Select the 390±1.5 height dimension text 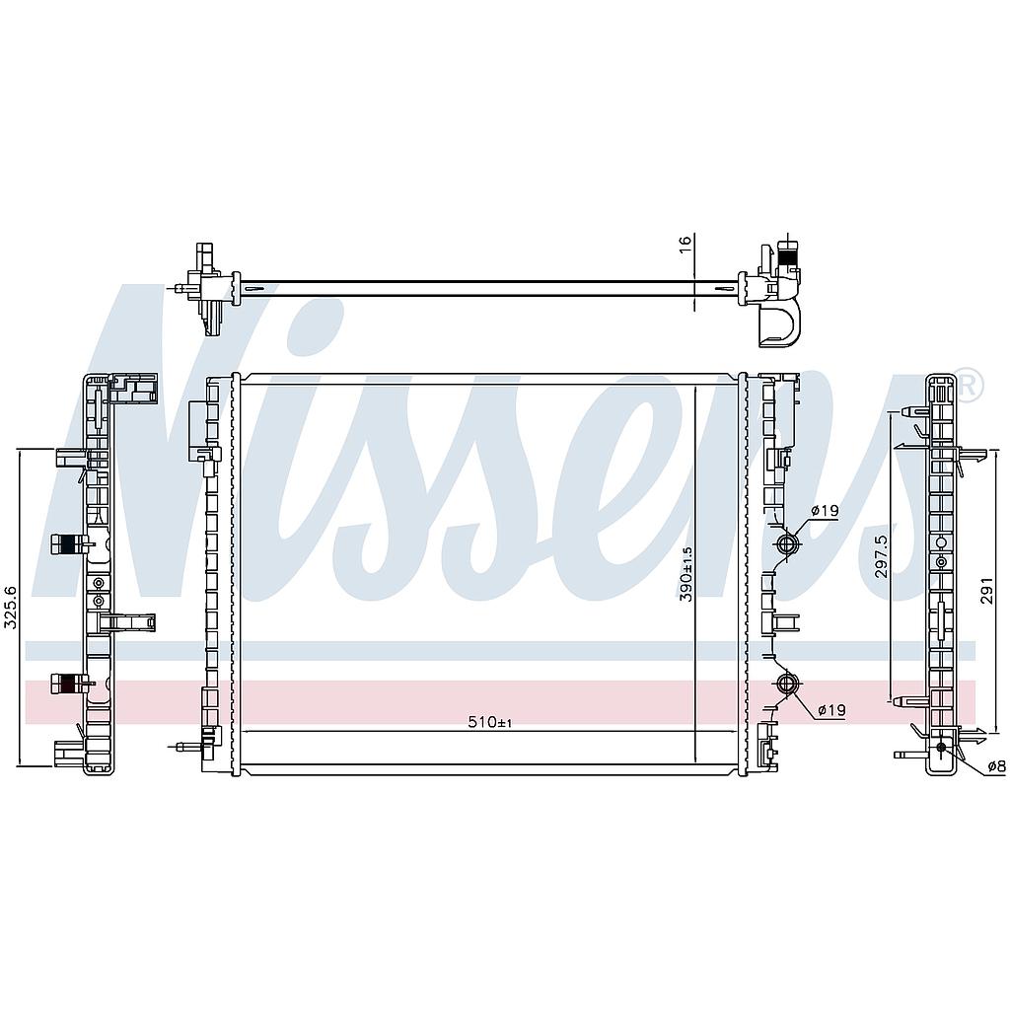click(686, 574)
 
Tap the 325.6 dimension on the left click(11, 608)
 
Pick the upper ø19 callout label click(824, 511)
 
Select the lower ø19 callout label click(831, 710)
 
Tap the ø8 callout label click(996, 766)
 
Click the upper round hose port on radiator click(786, 543)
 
